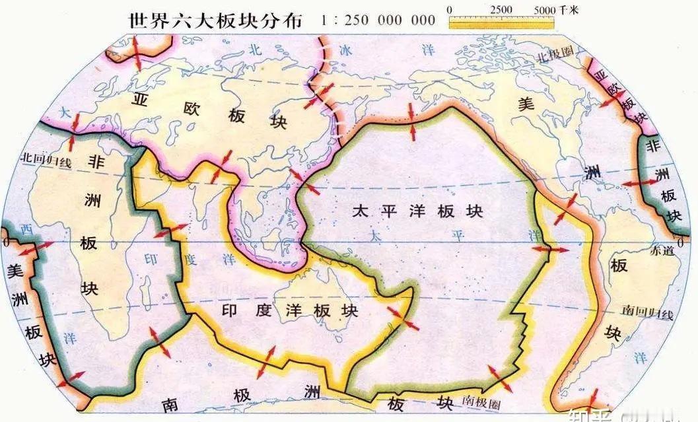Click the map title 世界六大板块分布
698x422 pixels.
[x=214, y=20]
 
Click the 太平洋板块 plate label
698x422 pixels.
[x=417, y=211]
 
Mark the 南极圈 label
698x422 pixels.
[x=485, y=400]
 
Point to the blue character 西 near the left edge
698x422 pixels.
[x=26, y=229]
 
